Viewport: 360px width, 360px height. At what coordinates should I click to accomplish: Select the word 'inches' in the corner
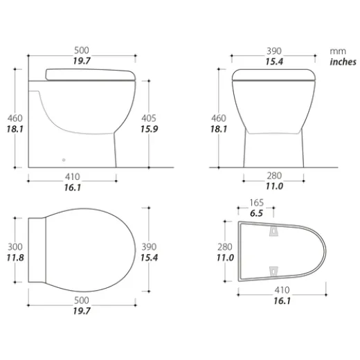[342, 62]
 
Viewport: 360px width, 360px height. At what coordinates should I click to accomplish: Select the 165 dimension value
[255, 203]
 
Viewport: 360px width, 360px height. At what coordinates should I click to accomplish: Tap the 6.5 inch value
[255, 214]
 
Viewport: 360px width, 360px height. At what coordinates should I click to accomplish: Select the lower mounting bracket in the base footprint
[273, 269]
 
